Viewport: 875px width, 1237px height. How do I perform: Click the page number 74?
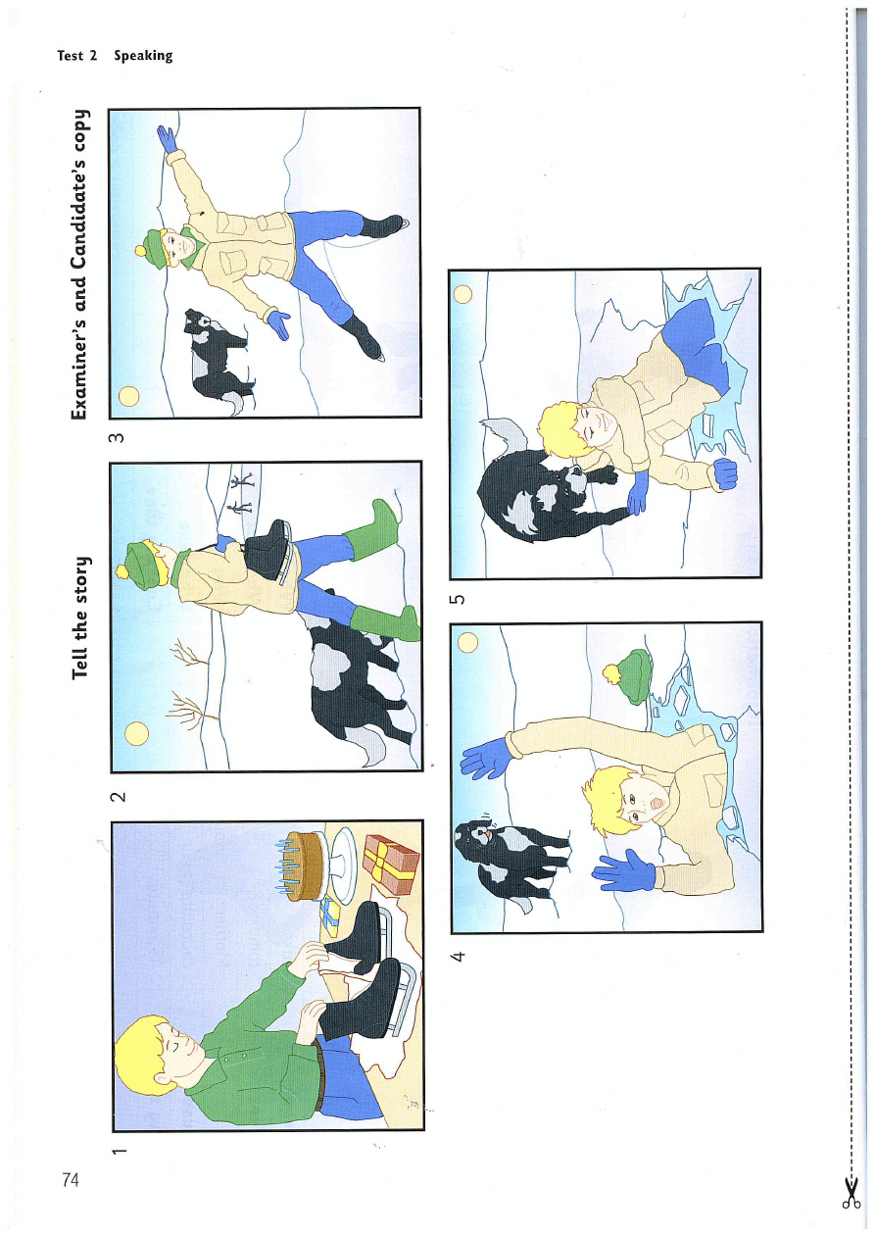coord(71,1180)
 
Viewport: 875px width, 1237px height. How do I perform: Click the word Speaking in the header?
coord(143,56)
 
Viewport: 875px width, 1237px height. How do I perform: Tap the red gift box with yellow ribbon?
coord(391,866)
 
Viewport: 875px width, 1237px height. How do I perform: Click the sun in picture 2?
coord(136,733)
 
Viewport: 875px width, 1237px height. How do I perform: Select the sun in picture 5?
coord(462,294)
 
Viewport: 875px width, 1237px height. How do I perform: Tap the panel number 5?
coord(458,599)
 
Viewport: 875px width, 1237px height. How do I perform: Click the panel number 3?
coord(117,438)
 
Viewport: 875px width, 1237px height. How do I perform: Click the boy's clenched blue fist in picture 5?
coord(725,472)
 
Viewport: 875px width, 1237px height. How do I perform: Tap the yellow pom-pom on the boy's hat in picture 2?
coord(122,570)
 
